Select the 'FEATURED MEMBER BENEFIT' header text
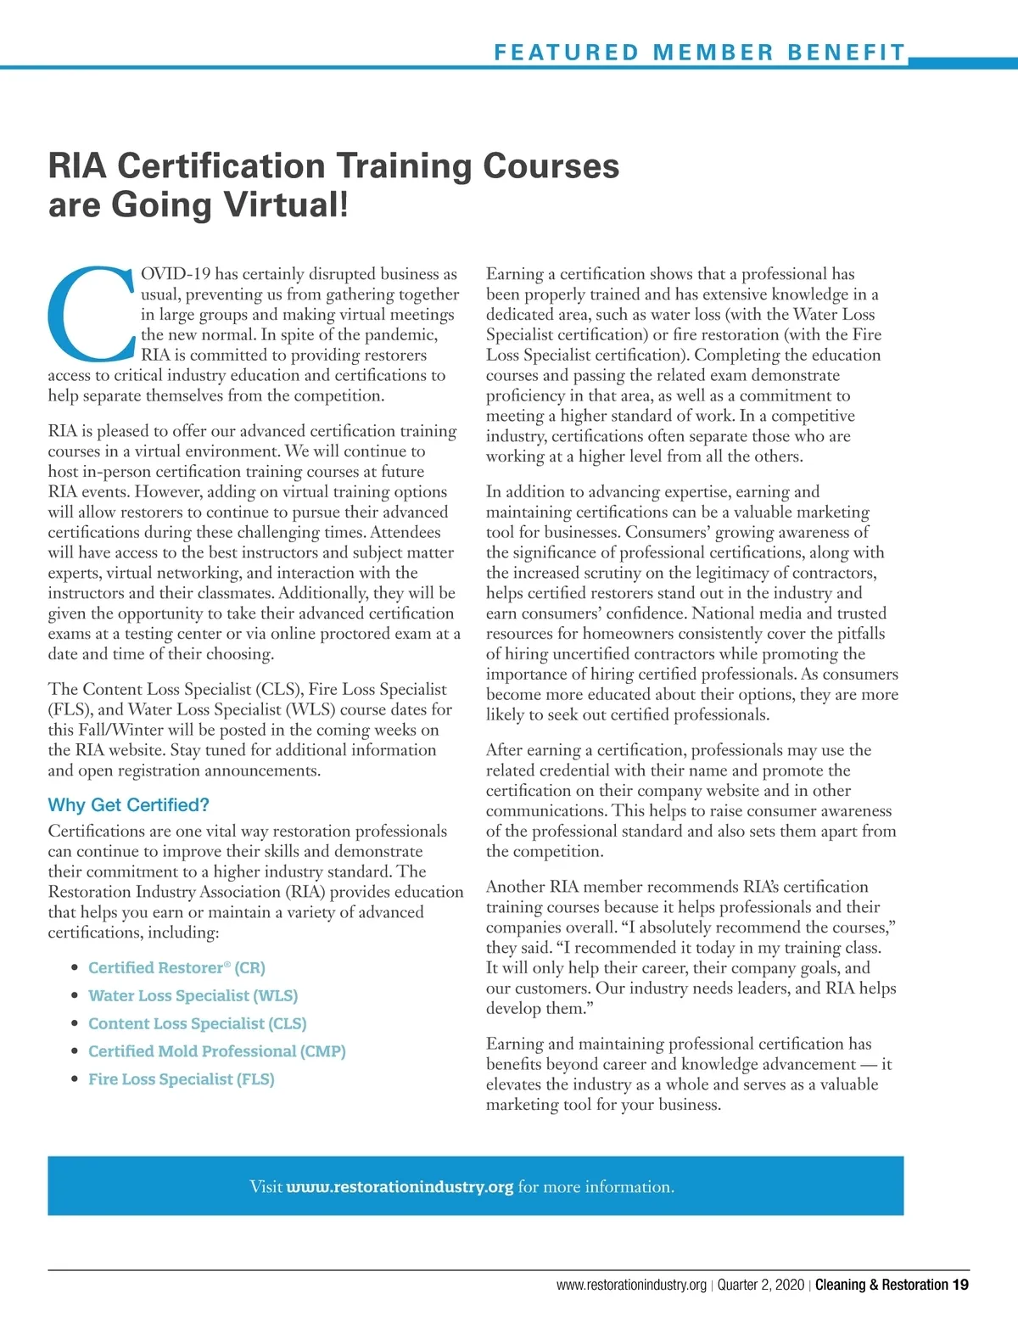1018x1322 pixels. click(700, 53)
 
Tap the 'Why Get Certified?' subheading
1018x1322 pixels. click(128, 805)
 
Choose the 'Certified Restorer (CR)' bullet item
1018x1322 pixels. click(176, 968)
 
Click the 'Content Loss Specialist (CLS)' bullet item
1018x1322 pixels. click(197, 1023)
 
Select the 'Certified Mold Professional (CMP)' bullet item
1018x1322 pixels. click(216, 1051)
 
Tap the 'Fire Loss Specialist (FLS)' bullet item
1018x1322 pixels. click(181, 1079)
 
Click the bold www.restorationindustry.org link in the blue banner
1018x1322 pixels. click(400, 1186)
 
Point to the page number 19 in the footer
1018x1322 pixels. click(960, 1285)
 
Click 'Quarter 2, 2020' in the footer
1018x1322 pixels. click(760, 1285)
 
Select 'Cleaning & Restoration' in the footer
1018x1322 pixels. click(881, 1285)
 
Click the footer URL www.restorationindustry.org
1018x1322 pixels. click(631, 1285)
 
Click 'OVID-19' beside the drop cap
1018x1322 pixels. click(176, 274)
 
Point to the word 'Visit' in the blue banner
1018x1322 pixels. click(266, 1186)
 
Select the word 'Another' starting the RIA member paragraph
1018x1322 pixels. click(515, 887)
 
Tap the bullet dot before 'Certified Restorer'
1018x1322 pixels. click(76, 968)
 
